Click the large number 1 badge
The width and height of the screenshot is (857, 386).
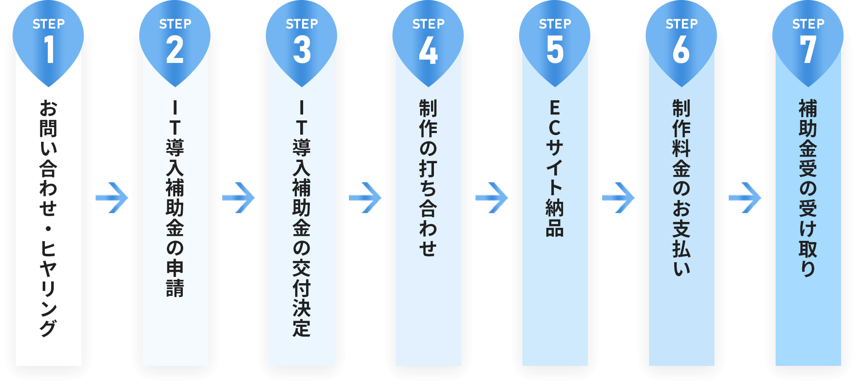tap(49, 50)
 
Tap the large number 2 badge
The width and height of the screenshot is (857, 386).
tap(175, 50)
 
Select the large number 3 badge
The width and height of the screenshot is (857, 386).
tap(302, 50)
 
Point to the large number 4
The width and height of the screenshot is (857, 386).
tap(428, 50)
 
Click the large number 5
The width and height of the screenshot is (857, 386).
tap(555, 50)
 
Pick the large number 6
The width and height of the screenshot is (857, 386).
tap(681, 50)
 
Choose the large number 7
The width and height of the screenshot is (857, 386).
tap(808, 50)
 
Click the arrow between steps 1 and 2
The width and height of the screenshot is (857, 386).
tap(112, 197)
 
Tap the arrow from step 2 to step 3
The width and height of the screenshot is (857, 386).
tap(239, 197)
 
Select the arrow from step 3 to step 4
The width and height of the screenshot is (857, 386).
tap(365, 197)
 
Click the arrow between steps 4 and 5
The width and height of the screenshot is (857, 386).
tap(492, 197)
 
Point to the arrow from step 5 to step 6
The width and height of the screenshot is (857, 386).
tap(618, 197)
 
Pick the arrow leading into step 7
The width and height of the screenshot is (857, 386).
tap(745, 197)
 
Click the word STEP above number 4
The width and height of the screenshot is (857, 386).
tap(428, 24)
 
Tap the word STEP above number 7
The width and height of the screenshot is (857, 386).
tap(808, 24)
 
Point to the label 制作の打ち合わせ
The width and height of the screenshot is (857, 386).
tap(428, 178)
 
